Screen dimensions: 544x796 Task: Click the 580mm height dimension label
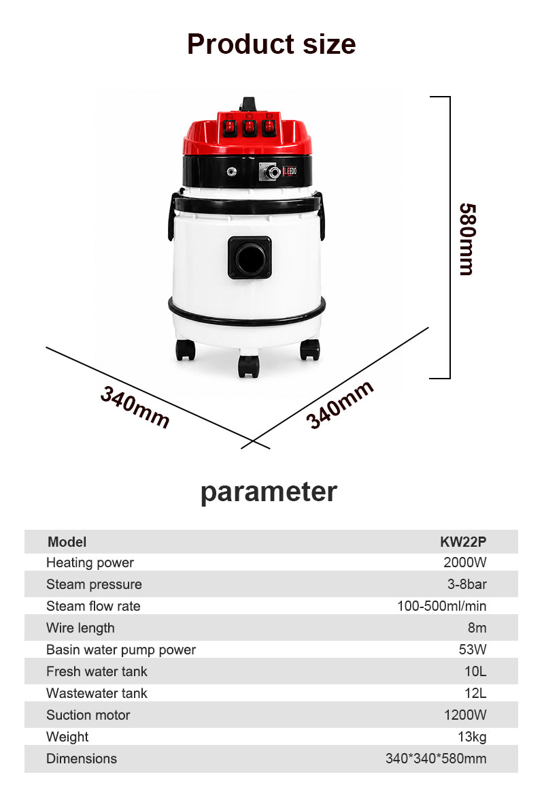467,239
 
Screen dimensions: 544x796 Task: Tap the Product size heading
271,44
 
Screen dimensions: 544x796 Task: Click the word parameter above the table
269,492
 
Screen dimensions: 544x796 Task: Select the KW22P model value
463,541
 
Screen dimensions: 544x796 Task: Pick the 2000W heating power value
465,562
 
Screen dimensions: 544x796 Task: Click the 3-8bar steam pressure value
466,584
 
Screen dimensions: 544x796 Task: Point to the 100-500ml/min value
441,606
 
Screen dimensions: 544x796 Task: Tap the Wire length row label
80,628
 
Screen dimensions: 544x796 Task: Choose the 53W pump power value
473,650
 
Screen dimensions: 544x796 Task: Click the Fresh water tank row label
97,671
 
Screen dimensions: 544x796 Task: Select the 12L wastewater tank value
475,693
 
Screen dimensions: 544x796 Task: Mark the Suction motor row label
88,715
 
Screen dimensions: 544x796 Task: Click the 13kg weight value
472,737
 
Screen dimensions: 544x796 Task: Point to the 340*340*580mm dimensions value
436,759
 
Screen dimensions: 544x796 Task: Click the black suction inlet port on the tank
250,258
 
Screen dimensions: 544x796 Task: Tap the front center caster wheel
248,366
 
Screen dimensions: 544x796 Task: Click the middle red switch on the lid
249,127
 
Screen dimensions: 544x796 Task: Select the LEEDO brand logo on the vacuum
290,172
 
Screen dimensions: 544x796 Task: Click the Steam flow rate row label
93,606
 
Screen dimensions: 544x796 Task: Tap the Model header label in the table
67,541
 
